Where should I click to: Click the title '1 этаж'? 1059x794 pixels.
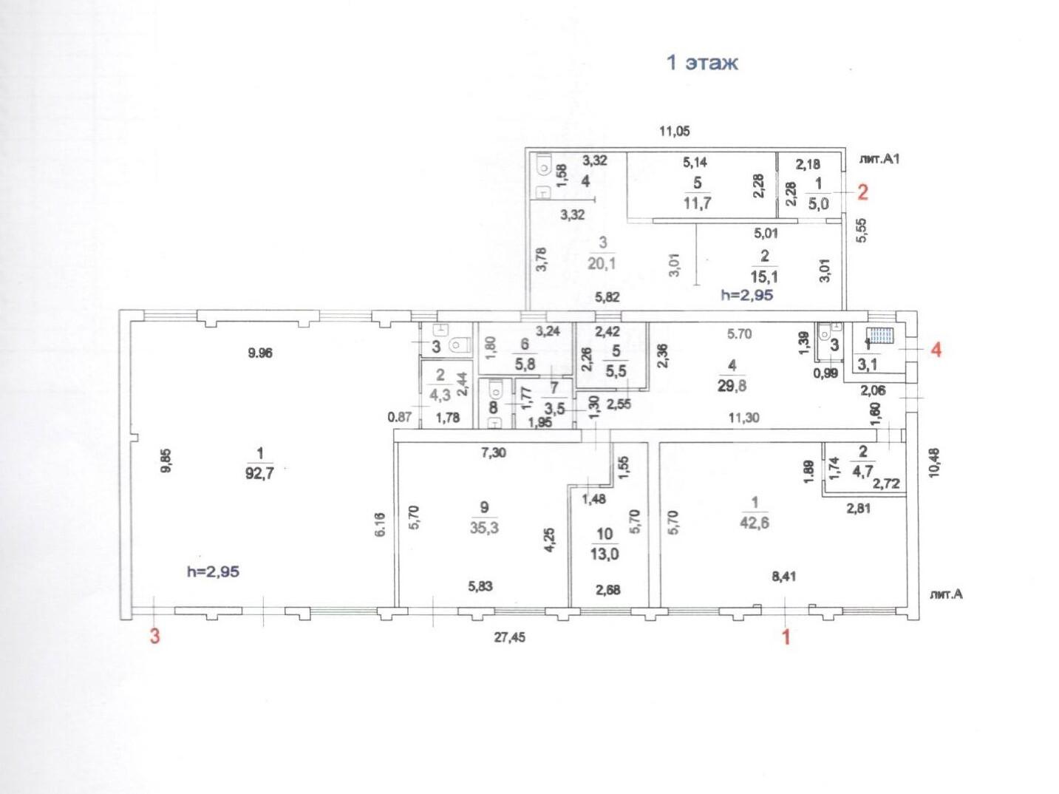(x=702, y=64)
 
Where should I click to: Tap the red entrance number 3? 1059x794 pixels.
(x=154, y=637)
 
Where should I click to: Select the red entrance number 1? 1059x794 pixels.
(x=786, y=637)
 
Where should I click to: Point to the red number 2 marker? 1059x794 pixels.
(x=862, y=193)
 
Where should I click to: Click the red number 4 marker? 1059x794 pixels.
(x=936, y=350)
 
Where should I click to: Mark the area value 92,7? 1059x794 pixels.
(x=259, y=473)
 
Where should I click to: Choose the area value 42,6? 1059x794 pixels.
(x=755, y=523)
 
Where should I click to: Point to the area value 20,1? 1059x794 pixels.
(x=602, y=263)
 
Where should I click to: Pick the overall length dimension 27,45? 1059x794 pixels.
(x=509, y=637)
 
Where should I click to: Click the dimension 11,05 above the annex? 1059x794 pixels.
(x=675, y=131)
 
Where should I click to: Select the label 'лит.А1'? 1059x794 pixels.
(x=879, y=159)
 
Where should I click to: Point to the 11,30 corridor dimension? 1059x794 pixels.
(x=743, y=418)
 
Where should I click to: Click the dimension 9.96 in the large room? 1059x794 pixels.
(x=260, y=353)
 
